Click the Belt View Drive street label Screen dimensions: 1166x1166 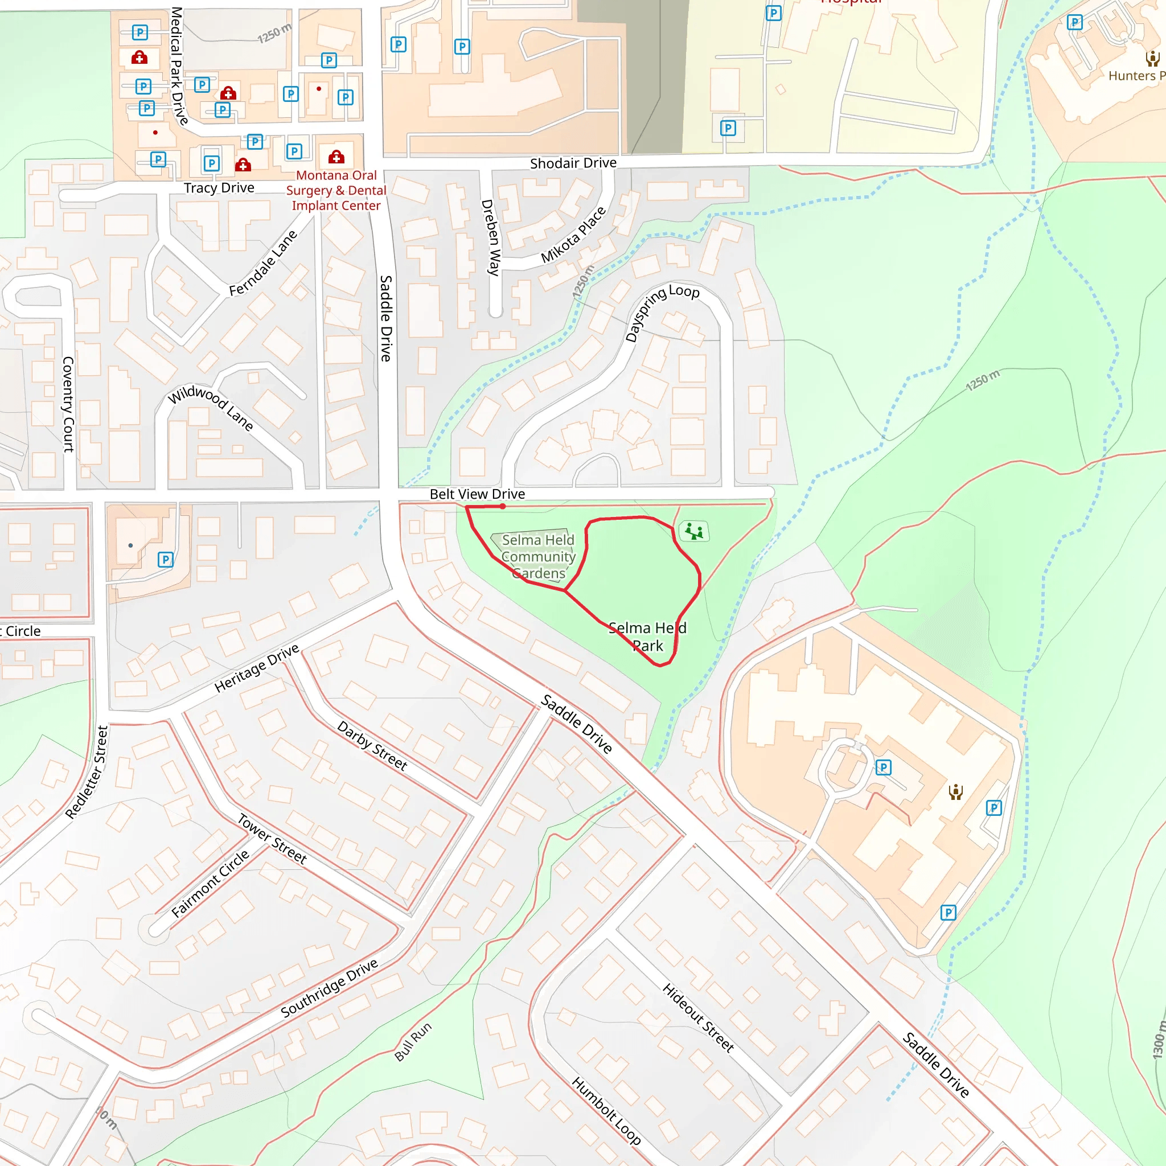click(477, 494)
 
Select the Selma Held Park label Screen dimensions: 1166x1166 click(647, 637)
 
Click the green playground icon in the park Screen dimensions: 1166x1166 click(694, 532)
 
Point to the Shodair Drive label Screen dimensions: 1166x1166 click(573, 163)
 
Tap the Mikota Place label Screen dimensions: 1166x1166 click(573, 235)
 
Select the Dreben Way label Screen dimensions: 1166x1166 click(491, 238)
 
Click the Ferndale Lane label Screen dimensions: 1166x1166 click(263, 263)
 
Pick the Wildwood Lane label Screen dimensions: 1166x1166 click(210, 408)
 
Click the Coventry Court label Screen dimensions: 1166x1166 click(68, 404)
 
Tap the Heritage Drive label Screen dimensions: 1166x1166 click(257, 668)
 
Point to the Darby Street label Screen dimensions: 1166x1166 click(372, 745)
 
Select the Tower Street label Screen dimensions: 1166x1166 click(272, 839)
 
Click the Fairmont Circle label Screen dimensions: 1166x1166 click(210, 884)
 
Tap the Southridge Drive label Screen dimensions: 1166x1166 click(329, 987)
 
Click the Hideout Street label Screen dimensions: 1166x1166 click(697, 1018)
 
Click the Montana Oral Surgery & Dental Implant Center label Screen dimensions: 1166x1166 click(336, 190)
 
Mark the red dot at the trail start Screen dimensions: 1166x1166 click(503, 506)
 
